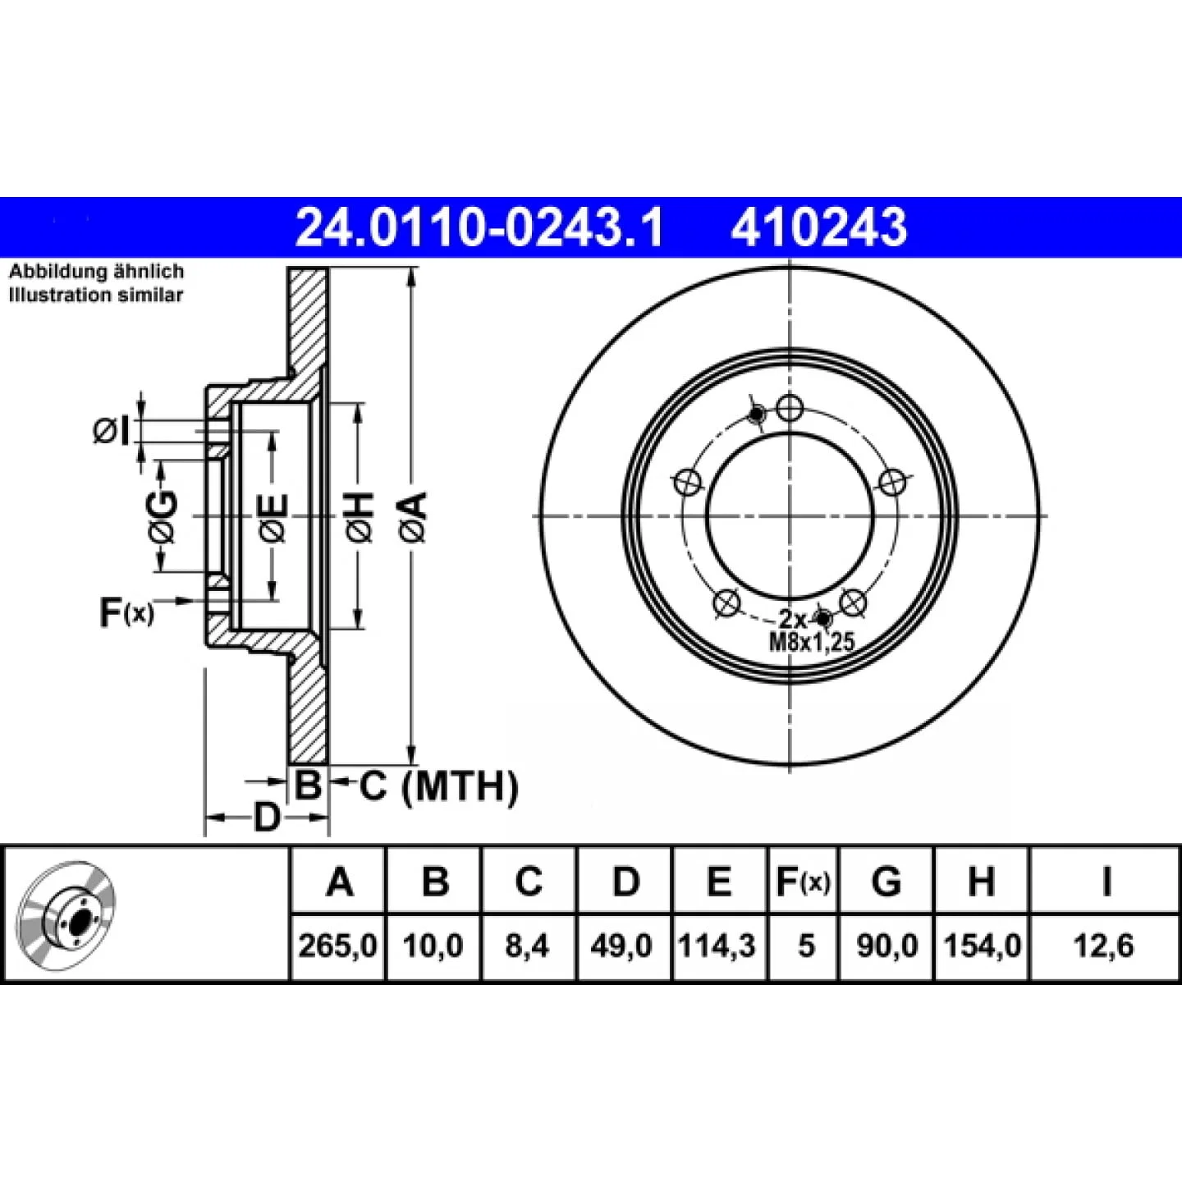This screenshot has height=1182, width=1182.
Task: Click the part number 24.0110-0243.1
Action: click(479, 227)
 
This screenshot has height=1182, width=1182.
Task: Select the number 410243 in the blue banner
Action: click(819, 227)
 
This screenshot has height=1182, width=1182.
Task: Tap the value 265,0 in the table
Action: click(338, 946)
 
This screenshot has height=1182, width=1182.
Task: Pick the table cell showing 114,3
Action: click(717, 946)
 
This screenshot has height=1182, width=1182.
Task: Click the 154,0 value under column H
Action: click(982, 946)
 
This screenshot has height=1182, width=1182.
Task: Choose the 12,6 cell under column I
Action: click(1104, 946)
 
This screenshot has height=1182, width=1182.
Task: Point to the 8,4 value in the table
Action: click(528, 946)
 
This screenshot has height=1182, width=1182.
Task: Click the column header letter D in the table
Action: click(625, 882)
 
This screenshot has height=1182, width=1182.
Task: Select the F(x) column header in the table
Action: click(803, 882)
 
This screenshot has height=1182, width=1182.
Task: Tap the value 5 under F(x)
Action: click(806, 946)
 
